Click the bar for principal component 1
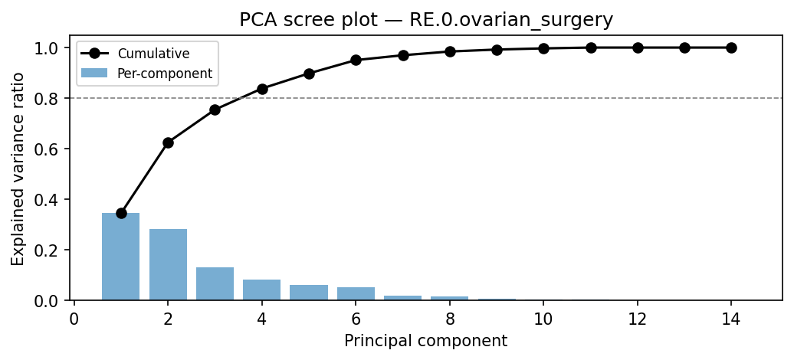[x=121, y=257]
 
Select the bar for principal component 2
[x=168, y=264]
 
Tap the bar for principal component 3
[x=215, y=283]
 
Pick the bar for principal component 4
[x=262, y=290]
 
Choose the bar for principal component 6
[x=356, y=293]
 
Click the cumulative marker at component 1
[x=121, y=213]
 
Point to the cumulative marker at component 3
[x=215, y=110]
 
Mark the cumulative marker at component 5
[x=309, y=74]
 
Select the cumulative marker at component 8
[x=450, y=51]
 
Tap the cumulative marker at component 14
[x=731, y=47]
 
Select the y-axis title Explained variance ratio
[x=18, y=169]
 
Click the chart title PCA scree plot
[x=425, y=20]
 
